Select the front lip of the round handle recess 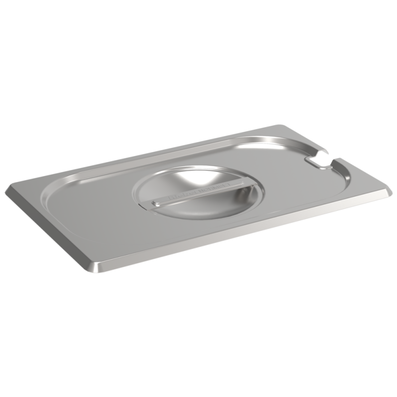pos(201,216)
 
